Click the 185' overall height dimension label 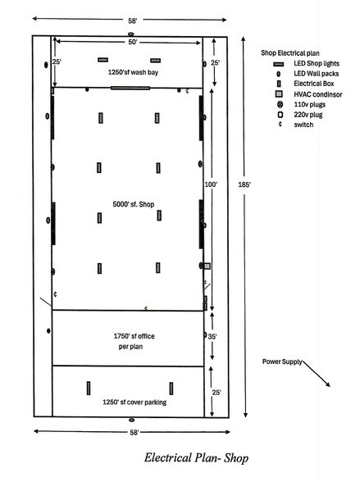point(244,184)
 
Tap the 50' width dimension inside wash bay point(133,42)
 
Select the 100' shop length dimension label point(211,184)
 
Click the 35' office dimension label point(212,337)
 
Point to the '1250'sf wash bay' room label point(133,72)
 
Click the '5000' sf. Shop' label point(134,204)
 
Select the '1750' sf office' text point(134,336)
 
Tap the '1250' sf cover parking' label point(134,402)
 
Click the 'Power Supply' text point(282,361)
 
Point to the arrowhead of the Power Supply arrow point(330,386)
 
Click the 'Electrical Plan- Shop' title point(196,457)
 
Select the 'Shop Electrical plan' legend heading point(290,52)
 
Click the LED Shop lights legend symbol point(279,64)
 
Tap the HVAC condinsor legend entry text point(318,94)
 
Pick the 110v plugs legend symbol point(280,105)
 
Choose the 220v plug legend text point(308,115)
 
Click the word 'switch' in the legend point(303,125)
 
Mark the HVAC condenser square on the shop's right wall point(207,266)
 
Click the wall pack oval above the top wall point(131,34)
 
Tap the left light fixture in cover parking point(89,389)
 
